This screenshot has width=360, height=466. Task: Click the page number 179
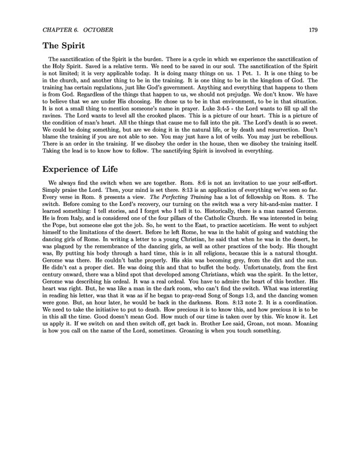click(x=312, y=30)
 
